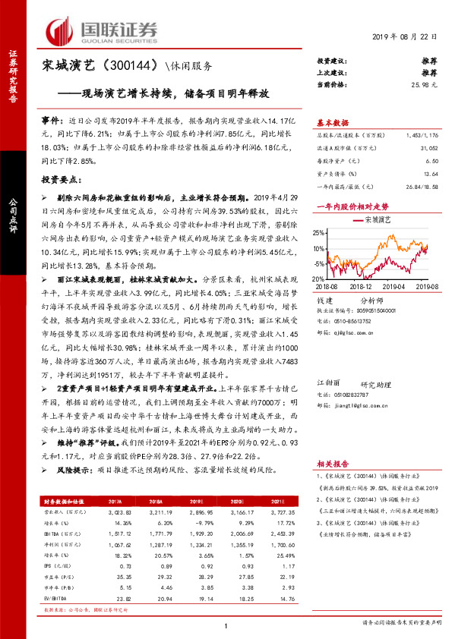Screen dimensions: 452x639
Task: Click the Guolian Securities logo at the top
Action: [102, 31]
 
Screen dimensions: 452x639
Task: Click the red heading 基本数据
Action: [332, 123]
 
